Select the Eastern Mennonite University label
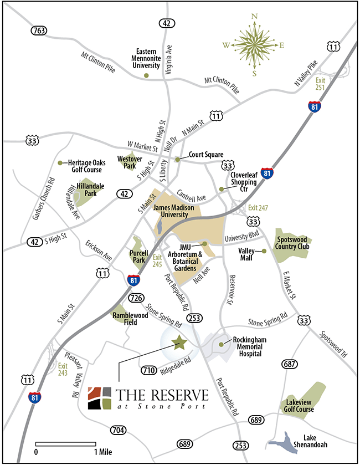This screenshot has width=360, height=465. (146, 58)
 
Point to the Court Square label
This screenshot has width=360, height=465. (205, 155)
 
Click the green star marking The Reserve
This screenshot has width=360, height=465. (179, 343)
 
